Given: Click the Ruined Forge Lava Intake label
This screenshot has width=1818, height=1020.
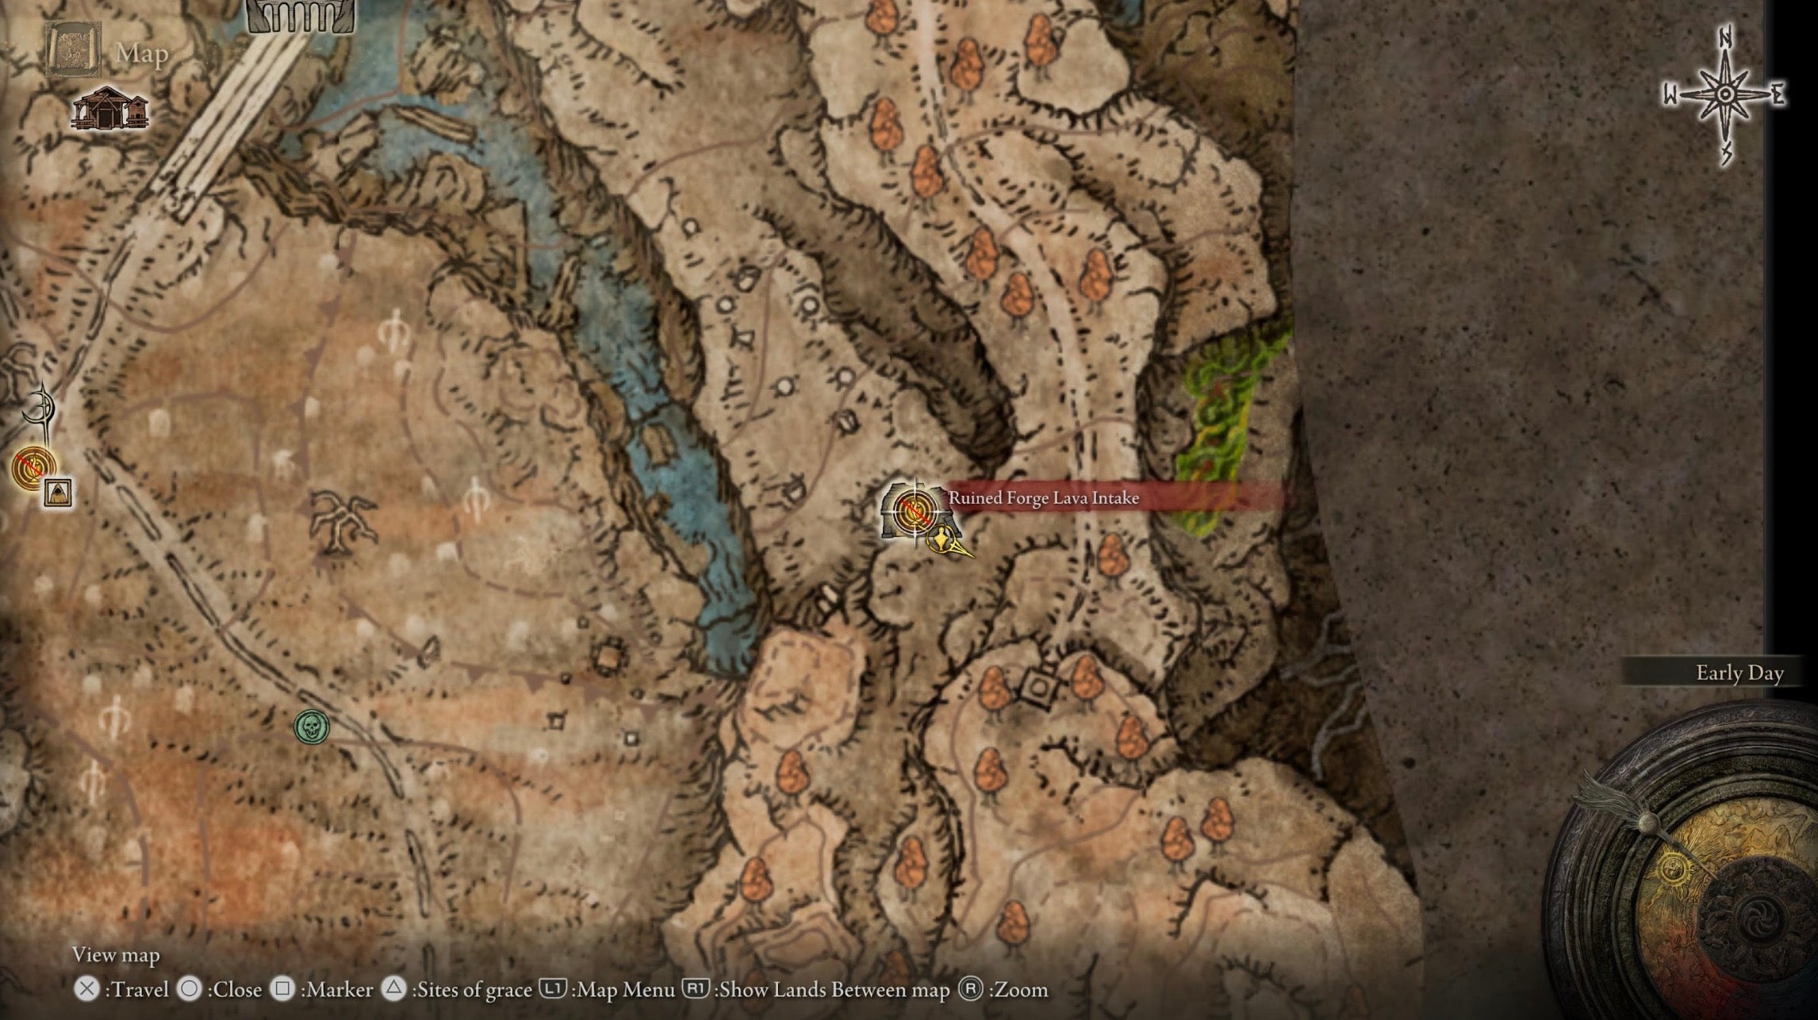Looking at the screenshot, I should (1043, 498).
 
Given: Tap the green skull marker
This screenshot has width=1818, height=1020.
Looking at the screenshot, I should (312, 727).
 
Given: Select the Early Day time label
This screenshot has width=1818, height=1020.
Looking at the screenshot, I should (1739, 673).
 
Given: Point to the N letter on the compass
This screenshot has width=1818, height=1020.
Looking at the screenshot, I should (1725, 36).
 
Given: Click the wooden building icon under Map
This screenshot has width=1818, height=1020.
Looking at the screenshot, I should (109, 109).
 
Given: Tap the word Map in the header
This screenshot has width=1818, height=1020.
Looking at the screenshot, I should (142, 54).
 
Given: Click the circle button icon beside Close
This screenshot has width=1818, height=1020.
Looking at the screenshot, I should (190, 989).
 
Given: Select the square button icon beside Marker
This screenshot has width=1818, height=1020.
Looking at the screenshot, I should (282, 989).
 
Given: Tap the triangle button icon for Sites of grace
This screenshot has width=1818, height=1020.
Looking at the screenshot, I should (393, 988).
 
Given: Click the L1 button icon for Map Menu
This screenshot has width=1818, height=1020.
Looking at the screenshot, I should (552, 989).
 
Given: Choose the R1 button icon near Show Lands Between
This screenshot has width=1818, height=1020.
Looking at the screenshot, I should (695, 989).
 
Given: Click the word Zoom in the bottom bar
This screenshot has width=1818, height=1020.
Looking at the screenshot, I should (1021, 990).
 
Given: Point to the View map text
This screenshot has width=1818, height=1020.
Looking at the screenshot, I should (116, 955).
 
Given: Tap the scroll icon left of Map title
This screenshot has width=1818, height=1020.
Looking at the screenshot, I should (73, 49).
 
